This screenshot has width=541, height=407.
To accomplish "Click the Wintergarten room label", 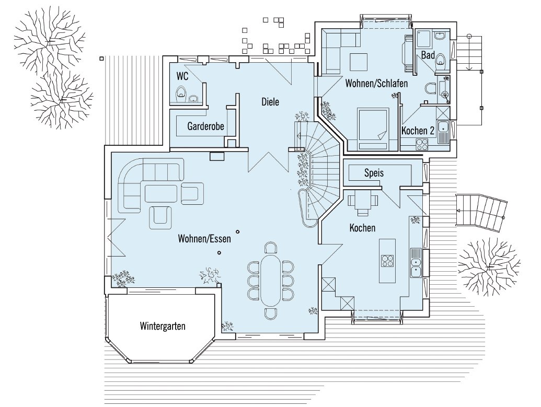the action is pos(163,326).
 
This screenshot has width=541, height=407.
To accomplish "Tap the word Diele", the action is pos(270,102).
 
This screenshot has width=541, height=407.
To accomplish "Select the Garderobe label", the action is pos(205,126).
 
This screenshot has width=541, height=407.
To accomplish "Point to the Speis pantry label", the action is pos(374,173).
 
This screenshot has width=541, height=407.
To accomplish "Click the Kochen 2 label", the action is pos(418,131).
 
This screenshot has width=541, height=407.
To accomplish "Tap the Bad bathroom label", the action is pos(428,55).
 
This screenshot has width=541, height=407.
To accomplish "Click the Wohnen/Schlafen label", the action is pos(376,84).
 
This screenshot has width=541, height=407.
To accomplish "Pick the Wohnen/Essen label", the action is pos(204,238).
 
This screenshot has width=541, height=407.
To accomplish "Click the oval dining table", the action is pos(271,280).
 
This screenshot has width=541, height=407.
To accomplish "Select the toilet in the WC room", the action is pos(181,94).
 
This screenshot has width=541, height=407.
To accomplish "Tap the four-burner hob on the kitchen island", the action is pos(387,260).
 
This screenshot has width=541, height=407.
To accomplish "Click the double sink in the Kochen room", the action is pos(416,263).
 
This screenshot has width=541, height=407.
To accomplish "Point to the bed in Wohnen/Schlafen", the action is pos(373,129).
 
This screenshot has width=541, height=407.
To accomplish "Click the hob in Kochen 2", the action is pos(422,144).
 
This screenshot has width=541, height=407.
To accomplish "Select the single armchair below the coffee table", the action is pos(160,218).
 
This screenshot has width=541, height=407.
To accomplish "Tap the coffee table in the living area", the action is pos(161,193).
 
